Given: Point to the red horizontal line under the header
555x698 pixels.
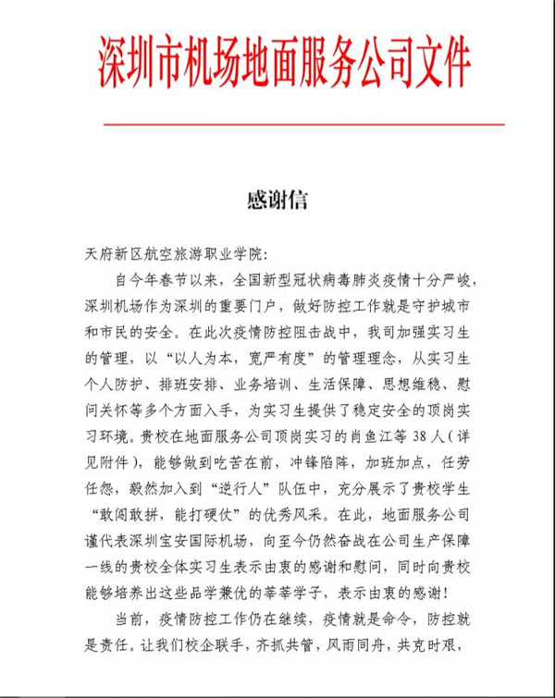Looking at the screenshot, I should point(304,123).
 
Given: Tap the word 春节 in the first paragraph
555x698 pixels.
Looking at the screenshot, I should point(193,279).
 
